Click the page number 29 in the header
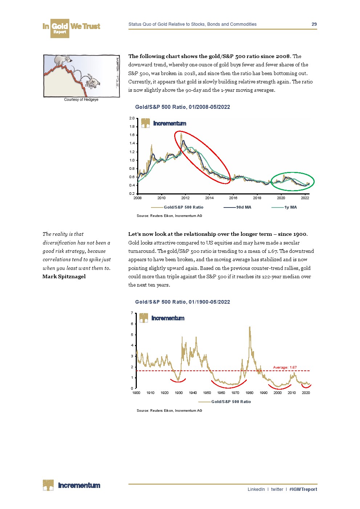pos(314,24)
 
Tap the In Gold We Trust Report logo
pos(71,28)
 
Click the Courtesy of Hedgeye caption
pos(81,99)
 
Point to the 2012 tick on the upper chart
pos(185,198)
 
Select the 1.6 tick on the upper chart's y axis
pos(132,135)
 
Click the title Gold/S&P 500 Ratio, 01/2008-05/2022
pos(183,107)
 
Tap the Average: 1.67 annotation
pos(285,368)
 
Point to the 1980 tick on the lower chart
pos(249,393)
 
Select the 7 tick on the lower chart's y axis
pos(132,313)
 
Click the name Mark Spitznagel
pos(64,276)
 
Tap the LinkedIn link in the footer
pos(256,489)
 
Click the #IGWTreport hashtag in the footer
pos(303,489)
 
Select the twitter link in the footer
pos(277,489)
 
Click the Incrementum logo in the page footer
pos(71,485)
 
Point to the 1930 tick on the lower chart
pos(179,393)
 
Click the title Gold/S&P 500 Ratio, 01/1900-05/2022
pos(183,302)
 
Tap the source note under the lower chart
pos(169,411)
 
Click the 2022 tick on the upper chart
pos(305,198)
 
